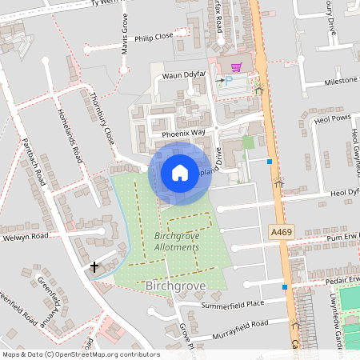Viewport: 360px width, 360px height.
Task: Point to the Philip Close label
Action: [x=154, y=36]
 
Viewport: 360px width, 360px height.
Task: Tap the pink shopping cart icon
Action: [x=237, y=67]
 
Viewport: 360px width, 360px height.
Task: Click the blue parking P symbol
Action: [x=228, y=82]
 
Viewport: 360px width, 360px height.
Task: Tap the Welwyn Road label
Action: [x=25, y=237]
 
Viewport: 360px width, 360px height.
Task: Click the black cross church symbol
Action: [x=95, y=266]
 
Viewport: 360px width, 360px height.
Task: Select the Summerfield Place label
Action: [x=233, y=304]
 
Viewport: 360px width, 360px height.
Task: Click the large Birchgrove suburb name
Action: [x=177, y=285]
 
